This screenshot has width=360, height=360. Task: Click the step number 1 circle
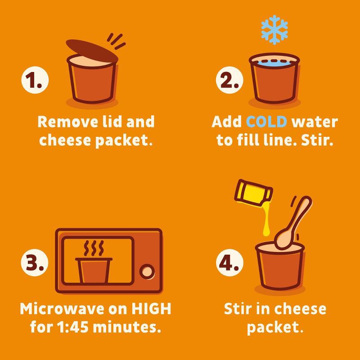tap(35, 80)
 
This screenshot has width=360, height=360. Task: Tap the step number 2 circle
tap(229, 80)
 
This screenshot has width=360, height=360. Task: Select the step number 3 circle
tap(35, 263)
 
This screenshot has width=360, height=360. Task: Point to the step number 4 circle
tap(229, 263)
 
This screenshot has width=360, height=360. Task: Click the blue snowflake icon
tap(274, 30)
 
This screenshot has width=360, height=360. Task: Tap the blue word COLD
tap(266, 121)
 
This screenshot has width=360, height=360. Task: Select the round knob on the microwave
tap(147, 272)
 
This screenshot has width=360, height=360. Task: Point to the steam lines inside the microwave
tap(94, 248)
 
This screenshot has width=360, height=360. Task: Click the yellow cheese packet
tap(253, 193)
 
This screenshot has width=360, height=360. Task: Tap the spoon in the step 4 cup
tap(293, 223)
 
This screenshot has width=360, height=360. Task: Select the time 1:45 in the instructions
tap(72, 327)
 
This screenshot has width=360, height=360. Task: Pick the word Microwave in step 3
tap(62, 309)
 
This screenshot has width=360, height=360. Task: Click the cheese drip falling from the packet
tap(266, 220)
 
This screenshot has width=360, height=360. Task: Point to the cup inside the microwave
tap(94, 270)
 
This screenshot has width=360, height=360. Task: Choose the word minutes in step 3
tap(127, 327)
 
